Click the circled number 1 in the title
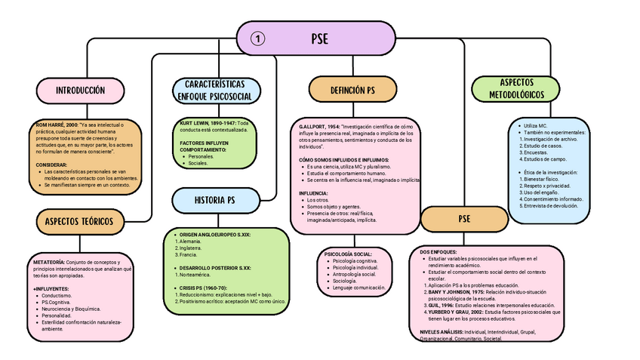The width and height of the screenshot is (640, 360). (x=257, y=38)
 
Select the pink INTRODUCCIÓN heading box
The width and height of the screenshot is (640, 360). (x=79, y=91)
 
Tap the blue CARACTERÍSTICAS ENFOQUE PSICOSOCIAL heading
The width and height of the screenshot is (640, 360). (x=218, y=91)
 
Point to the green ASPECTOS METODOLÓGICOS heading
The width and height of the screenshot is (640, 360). (x=516, y=89)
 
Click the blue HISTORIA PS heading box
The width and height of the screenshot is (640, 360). (x=215, y=200)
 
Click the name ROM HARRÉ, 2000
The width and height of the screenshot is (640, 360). (x=57, y=124)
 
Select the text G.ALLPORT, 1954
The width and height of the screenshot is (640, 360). (x=318, y=126)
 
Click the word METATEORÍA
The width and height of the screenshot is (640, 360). (x=49, y=262)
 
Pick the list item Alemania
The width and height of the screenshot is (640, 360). (x=191, y=241)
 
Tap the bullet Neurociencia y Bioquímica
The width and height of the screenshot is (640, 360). (x=72, y=309)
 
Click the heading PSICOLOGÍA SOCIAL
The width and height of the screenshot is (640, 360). (x=348, y=254)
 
